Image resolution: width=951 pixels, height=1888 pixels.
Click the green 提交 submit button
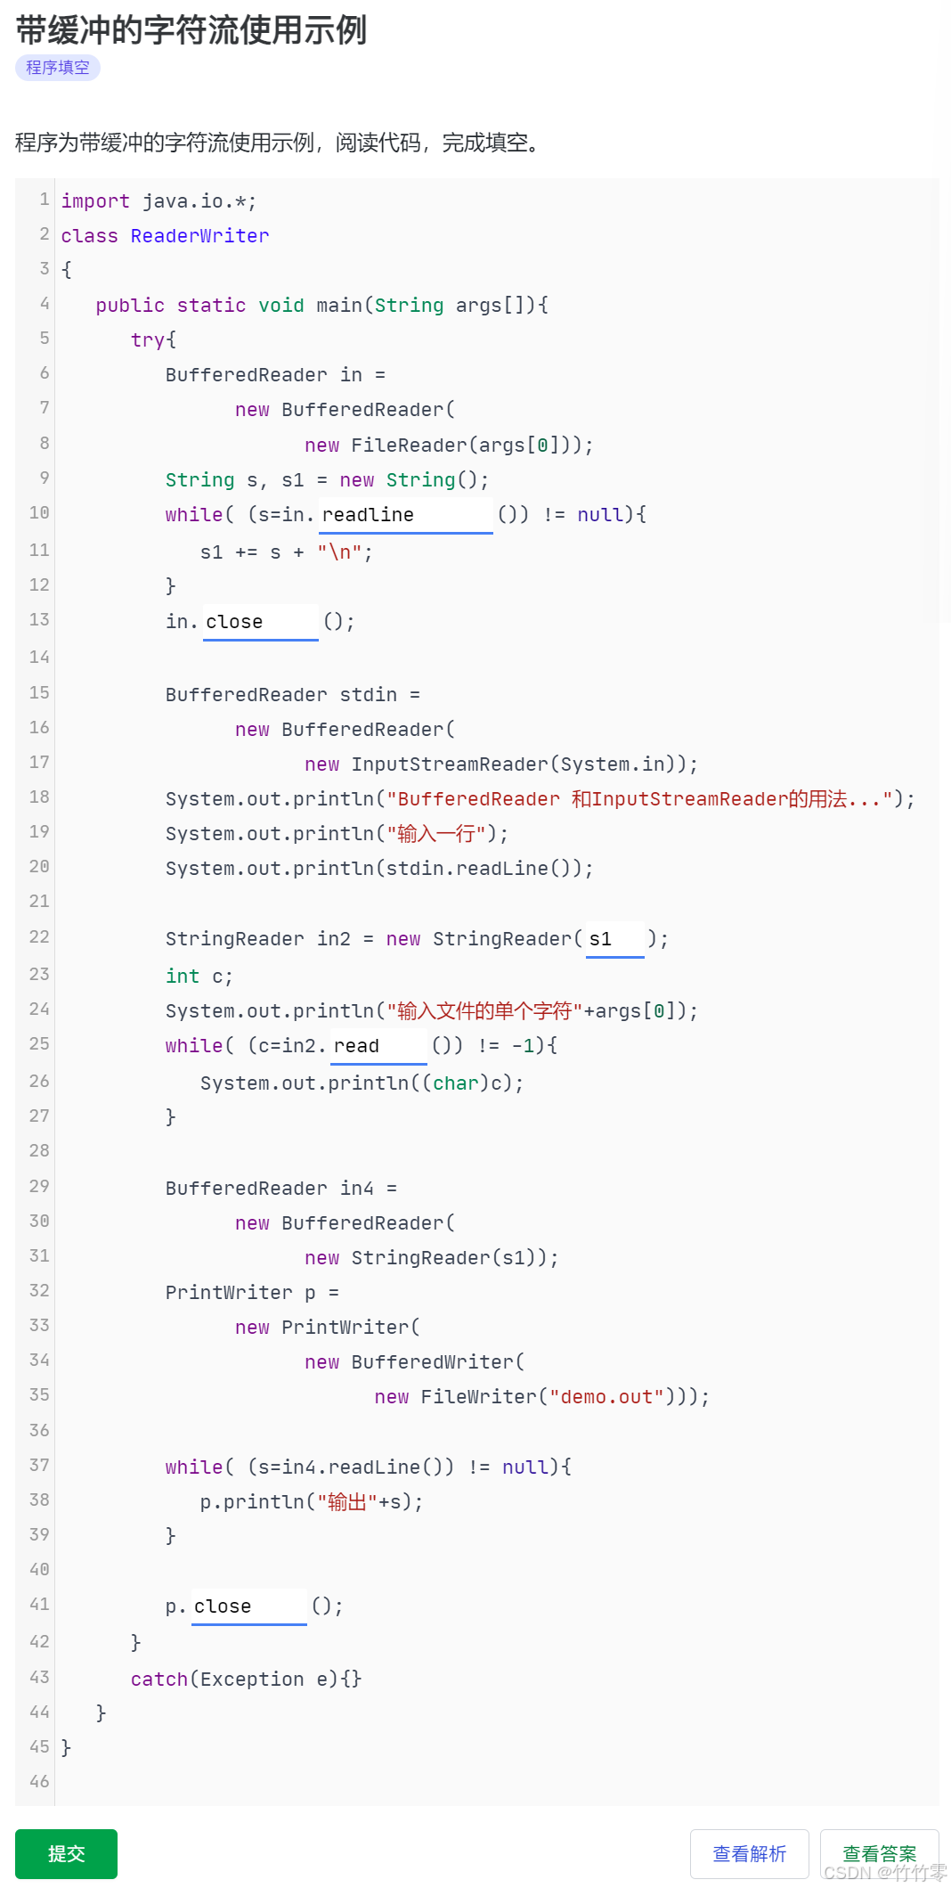66,1853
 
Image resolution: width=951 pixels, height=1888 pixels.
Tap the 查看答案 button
878,1853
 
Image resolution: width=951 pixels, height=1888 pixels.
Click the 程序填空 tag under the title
58,68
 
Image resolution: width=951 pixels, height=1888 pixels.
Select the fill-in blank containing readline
405,515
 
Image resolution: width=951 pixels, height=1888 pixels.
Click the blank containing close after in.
260,622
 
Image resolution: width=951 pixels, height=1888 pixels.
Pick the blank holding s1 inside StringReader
614,939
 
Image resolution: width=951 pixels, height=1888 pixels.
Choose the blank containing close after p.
249,1606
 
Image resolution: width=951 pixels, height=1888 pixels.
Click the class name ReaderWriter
199,236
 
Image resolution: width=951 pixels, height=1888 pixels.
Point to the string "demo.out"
606,1397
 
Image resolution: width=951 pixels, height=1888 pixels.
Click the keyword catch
159,1680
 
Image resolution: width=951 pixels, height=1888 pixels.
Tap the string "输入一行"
436,834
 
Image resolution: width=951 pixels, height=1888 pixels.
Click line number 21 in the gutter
39,902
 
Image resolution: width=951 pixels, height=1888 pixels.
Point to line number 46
39,1782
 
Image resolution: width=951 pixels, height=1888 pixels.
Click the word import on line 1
95,201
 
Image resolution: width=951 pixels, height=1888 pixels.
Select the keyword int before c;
183,977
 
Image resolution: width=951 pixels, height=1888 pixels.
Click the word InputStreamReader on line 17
450,764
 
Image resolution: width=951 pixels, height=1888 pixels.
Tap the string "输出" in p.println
347,1502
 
